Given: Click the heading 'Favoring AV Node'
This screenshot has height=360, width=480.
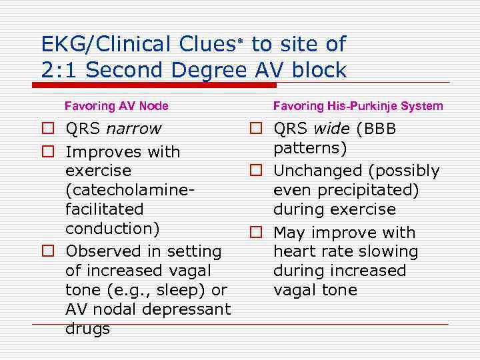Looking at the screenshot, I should [116, 106].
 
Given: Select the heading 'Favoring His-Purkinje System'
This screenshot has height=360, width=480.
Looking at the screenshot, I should [357, 106].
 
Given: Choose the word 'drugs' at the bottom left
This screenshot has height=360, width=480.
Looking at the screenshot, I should [87, 329].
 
